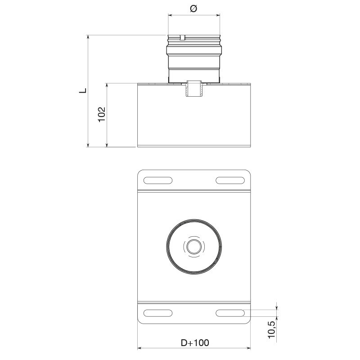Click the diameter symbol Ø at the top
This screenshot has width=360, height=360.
coord(193,9)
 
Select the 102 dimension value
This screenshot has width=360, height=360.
coord(102,114)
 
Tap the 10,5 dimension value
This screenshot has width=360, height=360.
coord(272,330)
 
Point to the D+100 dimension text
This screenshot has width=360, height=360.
coord(195,343)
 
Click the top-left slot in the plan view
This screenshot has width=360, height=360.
coord(158,180)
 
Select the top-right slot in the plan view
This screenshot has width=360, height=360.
coord(230,180)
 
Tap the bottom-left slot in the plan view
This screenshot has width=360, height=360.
coord(158,313)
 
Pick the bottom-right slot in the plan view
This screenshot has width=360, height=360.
coord(230,313)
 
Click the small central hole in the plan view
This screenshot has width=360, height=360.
coord(194,247)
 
